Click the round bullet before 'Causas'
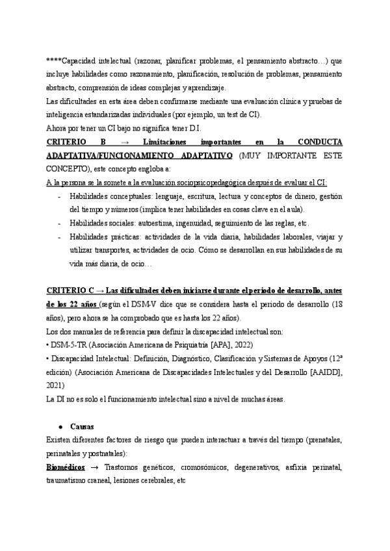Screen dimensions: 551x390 [x=60, y=427]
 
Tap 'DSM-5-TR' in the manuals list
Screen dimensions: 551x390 [x=68, y=344]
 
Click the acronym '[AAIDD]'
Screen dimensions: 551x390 [x=322, y=371]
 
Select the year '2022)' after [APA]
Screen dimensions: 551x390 [x=242, y=344]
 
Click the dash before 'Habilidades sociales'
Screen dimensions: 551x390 [x=59, y=223]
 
